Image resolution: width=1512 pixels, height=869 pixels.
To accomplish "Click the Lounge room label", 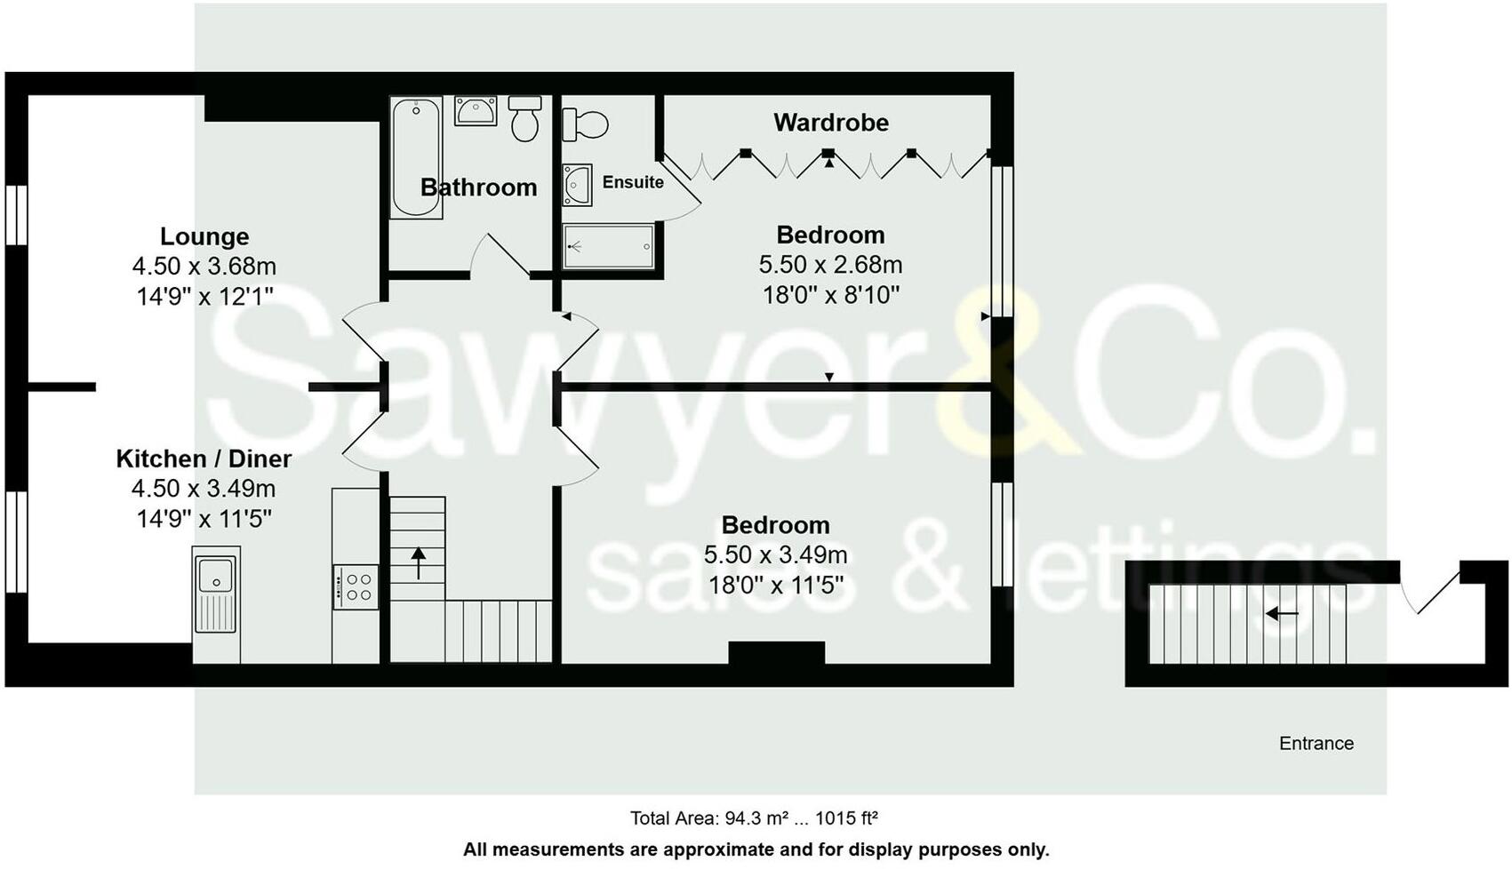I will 204,236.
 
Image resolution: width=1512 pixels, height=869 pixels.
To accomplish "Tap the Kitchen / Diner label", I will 204,458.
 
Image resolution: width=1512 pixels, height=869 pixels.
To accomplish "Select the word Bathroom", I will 478,187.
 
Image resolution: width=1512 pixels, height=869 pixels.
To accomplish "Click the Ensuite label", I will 633,182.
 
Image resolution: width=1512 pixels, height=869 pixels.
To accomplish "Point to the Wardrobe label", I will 830,123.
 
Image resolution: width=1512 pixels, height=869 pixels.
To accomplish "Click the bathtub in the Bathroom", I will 416,157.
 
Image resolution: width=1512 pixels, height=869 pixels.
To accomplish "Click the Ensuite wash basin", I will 577,185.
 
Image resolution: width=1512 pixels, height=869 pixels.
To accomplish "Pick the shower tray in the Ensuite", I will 610,246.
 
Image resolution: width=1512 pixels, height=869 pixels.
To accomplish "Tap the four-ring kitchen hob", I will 357,587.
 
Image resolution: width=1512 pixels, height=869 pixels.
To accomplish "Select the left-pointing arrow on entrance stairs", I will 1282,613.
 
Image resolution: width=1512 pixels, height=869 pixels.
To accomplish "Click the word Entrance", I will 1316,744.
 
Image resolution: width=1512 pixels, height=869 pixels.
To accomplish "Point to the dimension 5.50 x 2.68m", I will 830,265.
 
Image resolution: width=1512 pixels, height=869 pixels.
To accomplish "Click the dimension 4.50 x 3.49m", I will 204,489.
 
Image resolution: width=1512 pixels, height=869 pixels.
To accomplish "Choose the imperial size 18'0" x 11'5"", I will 775,586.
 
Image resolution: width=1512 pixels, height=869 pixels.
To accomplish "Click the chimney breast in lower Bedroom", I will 776,653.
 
